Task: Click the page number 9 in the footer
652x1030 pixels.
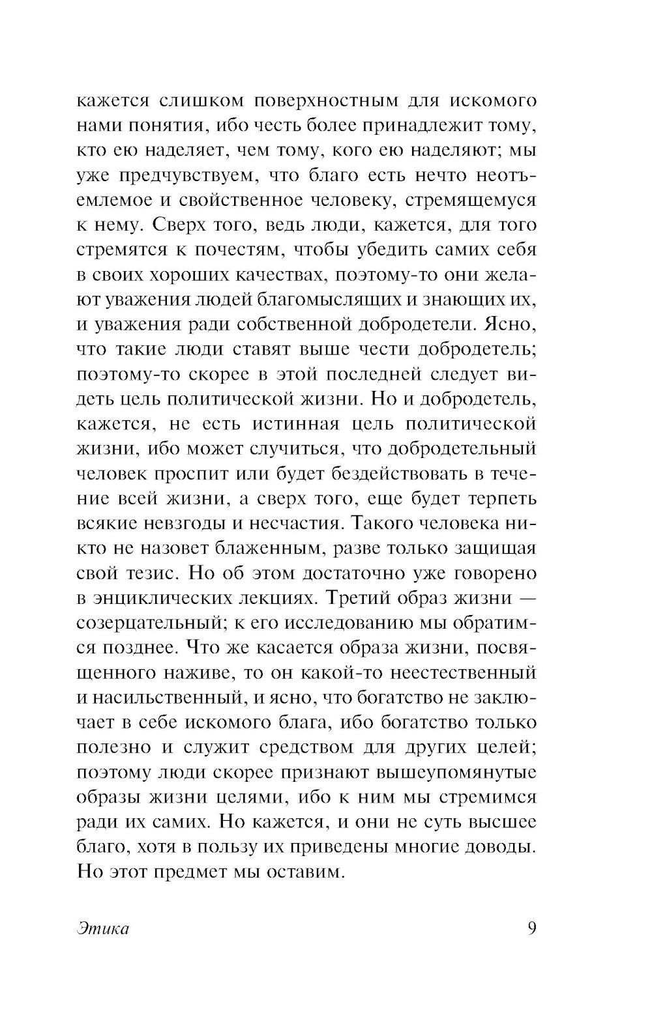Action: [531, 928]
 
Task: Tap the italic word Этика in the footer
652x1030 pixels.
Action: [103, 929]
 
